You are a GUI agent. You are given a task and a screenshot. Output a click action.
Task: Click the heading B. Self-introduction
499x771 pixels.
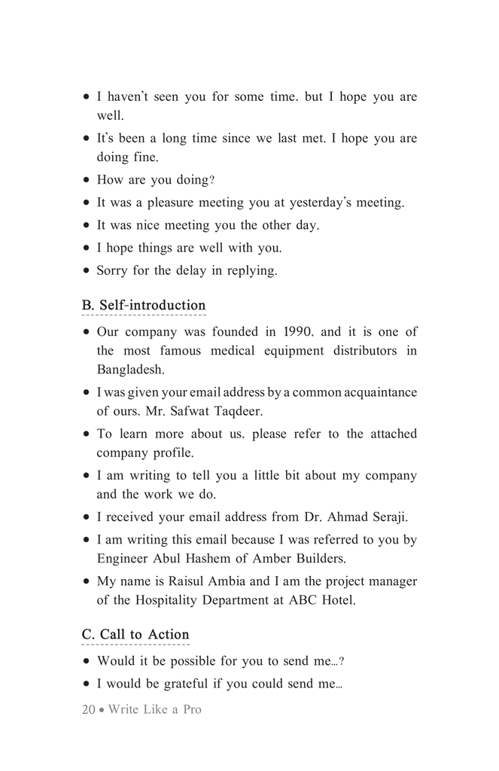143,306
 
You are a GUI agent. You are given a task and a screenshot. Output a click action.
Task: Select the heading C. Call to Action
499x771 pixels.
135,635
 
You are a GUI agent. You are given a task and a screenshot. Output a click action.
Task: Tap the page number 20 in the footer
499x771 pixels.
89,709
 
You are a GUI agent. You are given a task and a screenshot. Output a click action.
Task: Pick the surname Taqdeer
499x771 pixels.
239,411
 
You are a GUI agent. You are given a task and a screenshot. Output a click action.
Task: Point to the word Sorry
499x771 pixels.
112,270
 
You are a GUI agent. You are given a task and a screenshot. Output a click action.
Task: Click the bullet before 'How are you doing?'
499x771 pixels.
87,180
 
